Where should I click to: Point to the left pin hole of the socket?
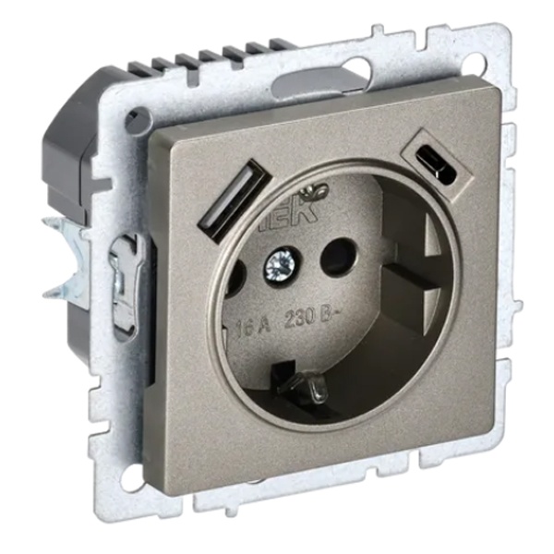235,274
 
